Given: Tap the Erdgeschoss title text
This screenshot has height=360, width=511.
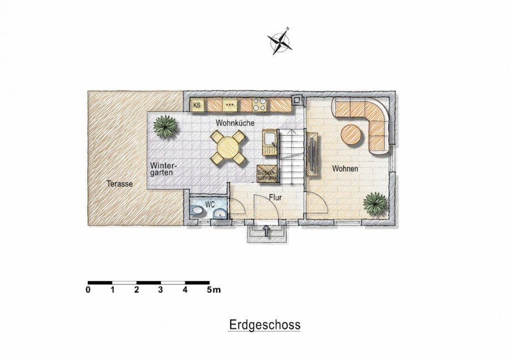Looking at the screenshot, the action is (x=264, y=325).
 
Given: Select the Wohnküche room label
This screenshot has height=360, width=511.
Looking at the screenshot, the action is (x=235, y=123).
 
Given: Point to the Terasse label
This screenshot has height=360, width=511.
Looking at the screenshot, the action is (x=120, y=183).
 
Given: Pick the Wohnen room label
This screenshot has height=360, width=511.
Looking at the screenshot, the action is (x=345, y=168).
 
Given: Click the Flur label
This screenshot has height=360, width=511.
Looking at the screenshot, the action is (x=275, y=197).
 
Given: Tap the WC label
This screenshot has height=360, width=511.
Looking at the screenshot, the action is (x=210, y=204).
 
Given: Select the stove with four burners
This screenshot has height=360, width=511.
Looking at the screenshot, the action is (x=259, y=105).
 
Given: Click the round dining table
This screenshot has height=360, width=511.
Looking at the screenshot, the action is (x=228, y=148).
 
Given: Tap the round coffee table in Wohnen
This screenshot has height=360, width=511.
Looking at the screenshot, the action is (x=352, y=134).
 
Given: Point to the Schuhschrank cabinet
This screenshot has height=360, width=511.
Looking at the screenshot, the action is (x=267, y=173).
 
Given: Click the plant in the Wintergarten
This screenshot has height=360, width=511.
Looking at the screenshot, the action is (x=166, y=126).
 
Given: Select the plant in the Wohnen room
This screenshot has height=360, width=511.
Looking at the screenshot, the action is (x=375, y=202).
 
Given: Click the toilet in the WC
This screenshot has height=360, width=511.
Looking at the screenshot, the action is (x=198, y=211).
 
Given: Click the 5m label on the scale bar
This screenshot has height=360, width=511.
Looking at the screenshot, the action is (x=214, y=289).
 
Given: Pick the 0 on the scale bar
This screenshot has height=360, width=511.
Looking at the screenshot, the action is (x=88, y=289).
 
